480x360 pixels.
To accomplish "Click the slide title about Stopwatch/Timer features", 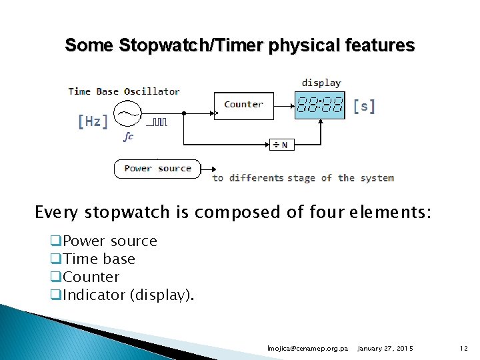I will point(239,45).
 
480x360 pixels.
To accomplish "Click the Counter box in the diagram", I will point(243,105).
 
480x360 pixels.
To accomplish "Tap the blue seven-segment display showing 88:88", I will point(320,105).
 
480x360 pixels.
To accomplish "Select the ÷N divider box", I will point(281,145).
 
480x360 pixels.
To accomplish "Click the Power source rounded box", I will point(157,169).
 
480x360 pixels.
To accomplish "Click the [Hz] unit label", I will point(92,121).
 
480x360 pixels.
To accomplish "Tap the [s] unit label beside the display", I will point(363,106).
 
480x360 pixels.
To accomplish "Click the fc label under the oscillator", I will point(128,136).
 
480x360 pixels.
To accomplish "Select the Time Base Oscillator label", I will point(124,91).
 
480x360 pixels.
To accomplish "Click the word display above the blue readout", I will point(321,83).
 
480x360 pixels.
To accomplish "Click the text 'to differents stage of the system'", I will point(303,178).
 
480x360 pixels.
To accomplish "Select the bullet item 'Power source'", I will point(109,241).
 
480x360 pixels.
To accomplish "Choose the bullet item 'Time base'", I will point(99,259).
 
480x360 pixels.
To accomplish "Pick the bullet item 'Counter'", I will point(91,277).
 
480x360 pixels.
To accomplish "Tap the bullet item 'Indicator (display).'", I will point(128,295).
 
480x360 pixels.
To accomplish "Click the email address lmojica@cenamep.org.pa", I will point(307,349).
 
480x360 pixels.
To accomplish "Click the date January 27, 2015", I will point(385,349).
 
